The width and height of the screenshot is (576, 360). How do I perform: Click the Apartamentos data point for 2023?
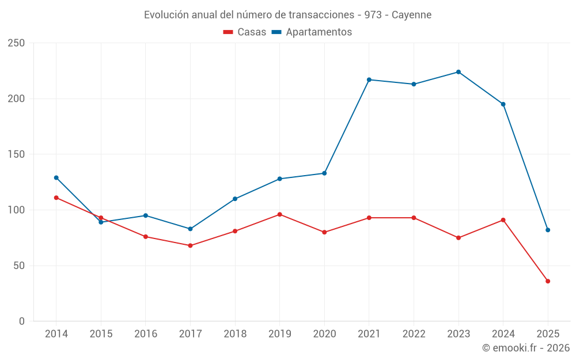[458, 72]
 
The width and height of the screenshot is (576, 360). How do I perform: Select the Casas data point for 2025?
[548, 281]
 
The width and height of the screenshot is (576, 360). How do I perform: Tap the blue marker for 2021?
[369, 79]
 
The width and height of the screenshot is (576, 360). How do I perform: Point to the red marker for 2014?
[56, 198]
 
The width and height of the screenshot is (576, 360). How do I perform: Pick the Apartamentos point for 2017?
[190, 229]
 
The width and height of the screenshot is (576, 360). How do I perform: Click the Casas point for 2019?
[280, 214]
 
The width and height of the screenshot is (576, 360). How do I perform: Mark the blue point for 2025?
[548, 230]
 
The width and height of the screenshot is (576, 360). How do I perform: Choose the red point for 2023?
[458, 238]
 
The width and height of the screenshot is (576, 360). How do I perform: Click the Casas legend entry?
[245, 32]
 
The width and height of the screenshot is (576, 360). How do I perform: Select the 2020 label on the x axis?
[324, 334]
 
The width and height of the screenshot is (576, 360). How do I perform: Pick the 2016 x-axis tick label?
[146, 334]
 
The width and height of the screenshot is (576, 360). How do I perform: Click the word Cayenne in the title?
[411, 15]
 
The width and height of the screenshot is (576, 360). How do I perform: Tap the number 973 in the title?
[373, 15]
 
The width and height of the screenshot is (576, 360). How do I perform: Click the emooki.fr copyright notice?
[526, 348]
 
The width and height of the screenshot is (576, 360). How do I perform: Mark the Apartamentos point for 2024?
[503, 104]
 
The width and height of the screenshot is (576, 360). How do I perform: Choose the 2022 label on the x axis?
[414, 334]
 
